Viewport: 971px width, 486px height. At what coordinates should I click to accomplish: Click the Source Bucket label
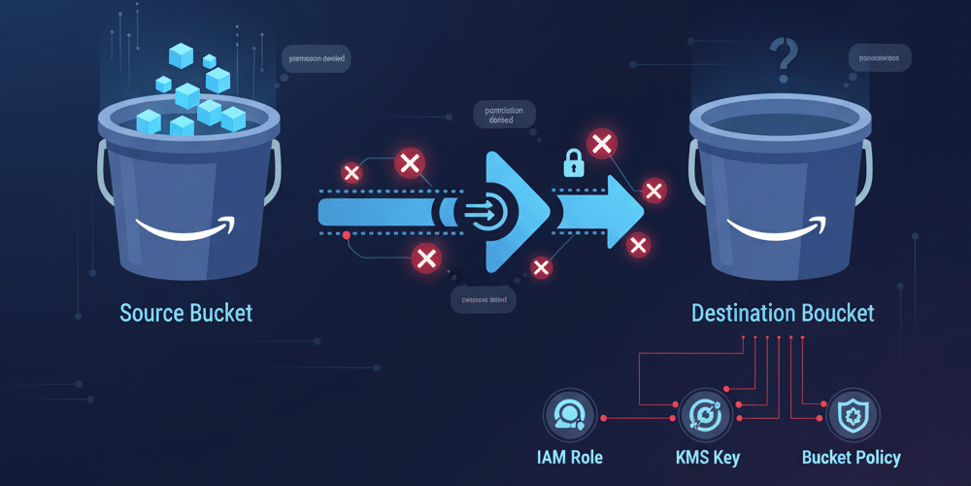click(185, 313)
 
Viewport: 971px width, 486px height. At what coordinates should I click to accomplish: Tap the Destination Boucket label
click(783, 313)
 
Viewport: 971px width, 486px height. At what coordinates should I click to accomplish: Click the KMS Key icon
click(701, 414)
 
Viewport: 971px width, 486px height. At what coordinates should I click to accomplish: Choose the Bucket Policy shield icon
click(852, 415)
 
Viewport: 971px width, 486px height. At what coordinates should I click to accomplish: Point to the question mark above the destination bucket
click(783, 55)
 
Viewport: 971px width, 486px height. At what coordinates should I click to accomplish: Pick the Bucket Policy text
click(852, 457)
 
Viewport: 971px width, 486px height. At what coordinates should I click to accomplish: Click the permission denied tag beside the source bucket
click(318, 58)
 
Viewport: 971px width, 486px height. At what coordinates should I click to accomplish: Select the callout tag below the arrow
click(485, 300)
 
